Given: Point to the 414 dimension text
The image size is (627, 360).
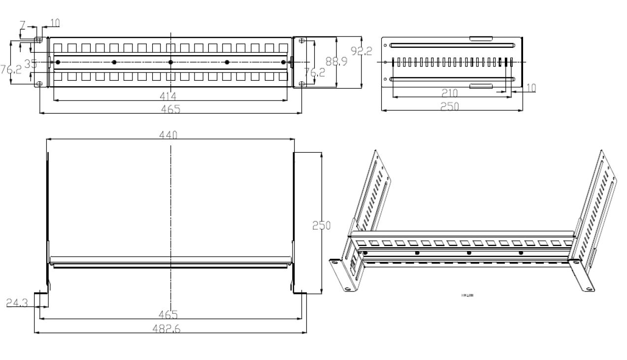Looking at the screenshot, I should (168, 96).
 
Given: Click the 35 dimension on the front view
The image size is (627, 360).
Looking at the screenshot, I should (31, 64).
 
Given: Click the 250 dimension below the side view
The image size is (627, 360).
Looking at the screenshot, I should (449, 106).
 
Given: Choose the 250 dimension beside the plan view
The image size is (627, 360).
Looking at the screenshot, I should (322, 225).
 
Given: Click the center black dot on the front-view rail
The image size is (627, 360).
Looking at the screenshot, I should (170, 62).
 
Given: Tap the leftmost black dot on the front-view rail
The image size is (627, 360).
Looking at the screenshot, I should (58, 62).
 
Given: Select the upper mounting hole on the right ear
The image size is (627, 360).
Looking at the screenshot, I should (302, 41).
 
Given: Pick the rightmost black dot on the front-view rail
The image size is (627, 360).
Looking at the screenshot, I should (283, 62).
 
